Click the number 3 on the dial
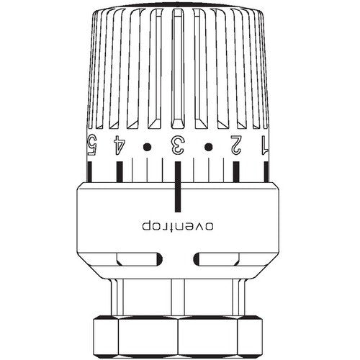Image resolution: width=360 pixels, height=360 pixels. tap(177, 145)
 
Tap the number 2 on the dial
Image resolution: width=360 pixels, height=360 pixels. tap(236, 145)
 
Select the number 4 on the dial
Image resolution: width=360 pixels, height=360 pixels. tap(120, 145)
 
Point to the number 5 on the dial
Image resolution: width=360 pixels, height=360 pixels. tap(91, 145)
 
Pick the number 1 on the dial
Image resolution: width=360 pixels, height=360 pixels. tap(264, 145)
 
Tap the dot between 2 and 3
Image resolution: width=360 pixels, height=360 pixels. tap(208, 147)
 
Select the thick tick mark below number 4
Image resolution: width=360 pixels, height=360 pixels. tap(120, 171)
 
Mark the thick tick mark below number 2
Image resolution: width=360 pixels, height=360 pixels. tap(236, 171)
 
